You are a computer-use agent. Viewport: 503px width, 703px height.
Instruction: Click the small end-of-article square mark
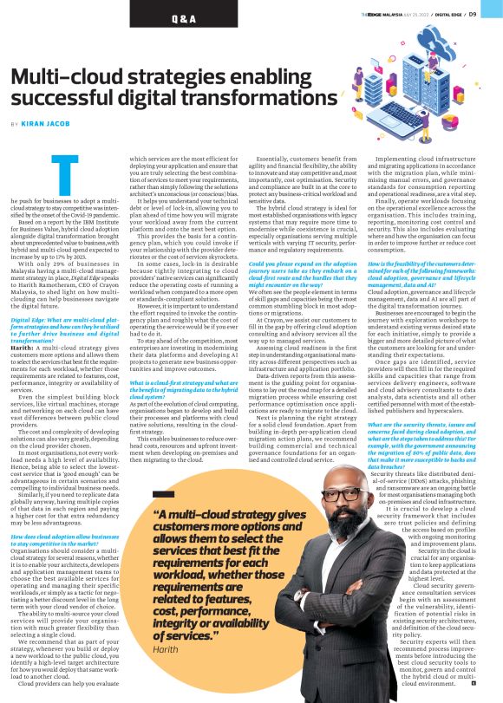pyautogui.click(x=475, y=683)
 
